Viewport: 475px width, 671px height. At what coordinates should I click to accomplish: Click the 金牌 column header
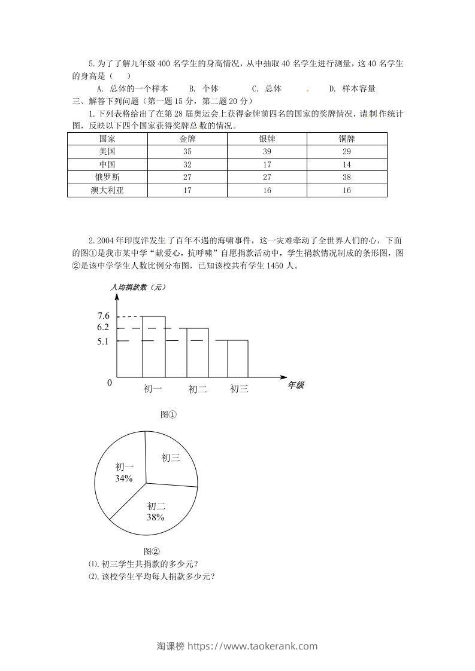[x=187, y=138]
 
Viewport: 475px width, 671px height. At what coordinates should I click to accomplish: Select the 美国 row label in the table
[x=107, y=151]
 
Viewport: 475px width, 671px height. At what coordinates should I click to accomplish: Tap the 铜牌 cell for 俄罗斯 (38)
[x=347, y=177]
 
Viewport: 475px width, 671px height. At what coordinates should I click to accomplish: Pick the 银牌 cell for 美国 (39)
[x=267, y=151]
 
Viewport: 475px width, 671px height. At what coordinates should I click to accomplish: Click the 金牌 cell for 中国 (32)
[x=187, y=164]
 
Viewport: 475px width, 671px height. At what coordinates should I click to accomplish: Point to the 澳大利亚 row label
[x=107, y=190]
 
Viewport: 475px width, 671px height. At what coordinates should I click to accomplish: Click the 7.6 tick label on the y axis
[x=103, y=316]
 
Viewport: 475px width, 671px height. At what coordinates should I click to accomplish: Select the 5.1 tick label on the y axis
[x=103, y=341]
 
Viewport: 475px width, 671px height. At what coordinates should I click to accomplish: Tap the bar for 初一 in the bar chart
[x=153, y=347]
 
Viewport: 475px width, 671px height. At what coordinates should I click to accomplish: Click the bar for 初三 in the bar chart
[x=232, y=359]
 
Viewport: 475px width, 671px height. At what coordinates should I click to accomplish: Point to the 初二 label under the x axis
[x=198, y=389]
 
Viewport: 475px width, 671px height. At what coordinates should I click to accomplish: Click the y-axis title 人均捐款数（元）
[x=138, y=288]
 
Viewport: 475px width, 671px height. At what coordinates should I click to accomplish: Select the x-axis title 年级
[x=296, y=386]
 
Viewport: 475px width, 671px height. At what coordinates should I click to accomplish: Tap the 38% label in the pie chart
[x=155, y=517]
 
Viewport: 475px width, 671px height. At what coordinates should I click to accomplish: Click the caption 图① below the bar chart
[x=168, y=414]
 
